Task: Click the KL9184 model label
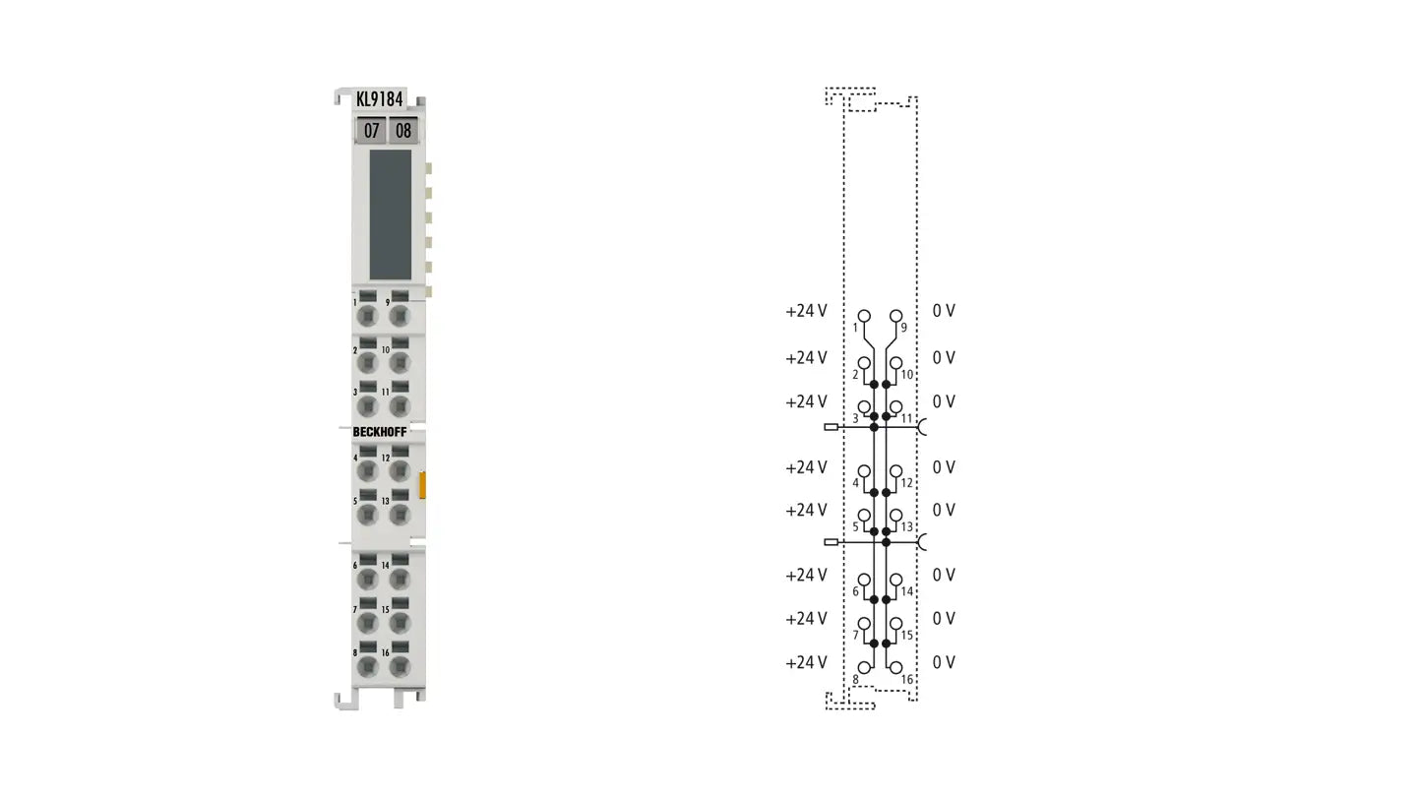click(x=380, y=98)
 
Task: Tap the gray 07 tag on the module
click(x=371, y=130)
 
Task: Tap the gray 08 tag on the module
click(x=402, y=130)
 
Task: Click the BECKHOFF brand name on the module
click(x=379, y=432)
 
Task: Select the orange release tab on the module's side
click(x=422, y=484)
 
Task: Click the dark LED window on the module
click(x=390, y=215)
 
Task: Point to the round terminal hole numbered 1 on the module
click(x=367, y=316)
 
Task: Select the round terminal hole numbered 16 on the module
click(x=399, y=666)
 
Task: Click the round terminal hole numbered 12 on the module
click(x=399, y=470)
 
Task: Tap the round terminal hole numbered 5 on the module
click(x=367, y=513)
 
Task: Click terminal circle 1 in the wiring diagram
click(x=864, y=316)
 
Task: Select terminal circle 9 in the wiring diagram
click(x=895, y=316)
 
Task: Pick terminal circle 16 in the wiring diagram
click(x=895, y=667)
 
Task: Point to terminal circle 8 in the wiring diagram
click(x=864, y=667)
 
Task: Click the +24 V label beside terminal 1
click(x=806, y=311)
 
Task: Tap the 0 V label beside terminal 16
click(x=944, y=662)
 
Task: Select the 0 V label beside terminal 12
click(x=944, y=467)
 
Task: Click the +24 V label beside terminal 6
click(x=806, y=576)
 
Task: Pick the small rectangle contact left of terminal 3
click(x=832, y=428)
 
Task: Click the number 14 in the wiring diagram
click(x=906, y=591)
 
